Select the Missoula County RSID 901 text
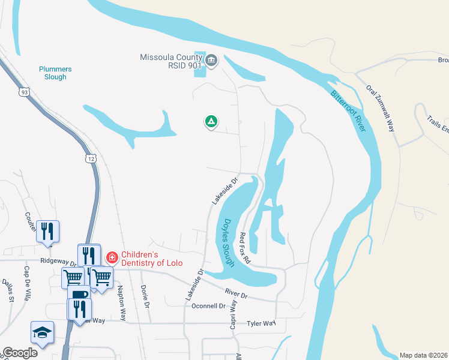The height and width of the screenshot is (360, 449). [170, 62]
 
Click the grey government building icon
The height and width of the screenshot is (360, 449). [211, 59]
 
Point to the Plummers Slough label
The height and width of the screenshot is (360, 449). [55, 73]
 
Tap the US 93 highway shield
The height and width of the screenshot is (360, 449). [23, 92]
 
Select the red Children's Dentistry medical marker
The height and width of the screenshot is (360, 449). [112, 257]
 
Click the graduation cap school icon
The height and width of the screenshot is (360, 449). [42, 332]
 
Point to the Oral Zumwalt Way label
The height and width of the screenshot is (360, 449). [382, 109]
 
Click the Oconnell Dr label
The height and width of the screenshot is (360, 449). [208, 306]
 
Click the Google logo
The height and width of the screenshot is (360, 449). [20, 353]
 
